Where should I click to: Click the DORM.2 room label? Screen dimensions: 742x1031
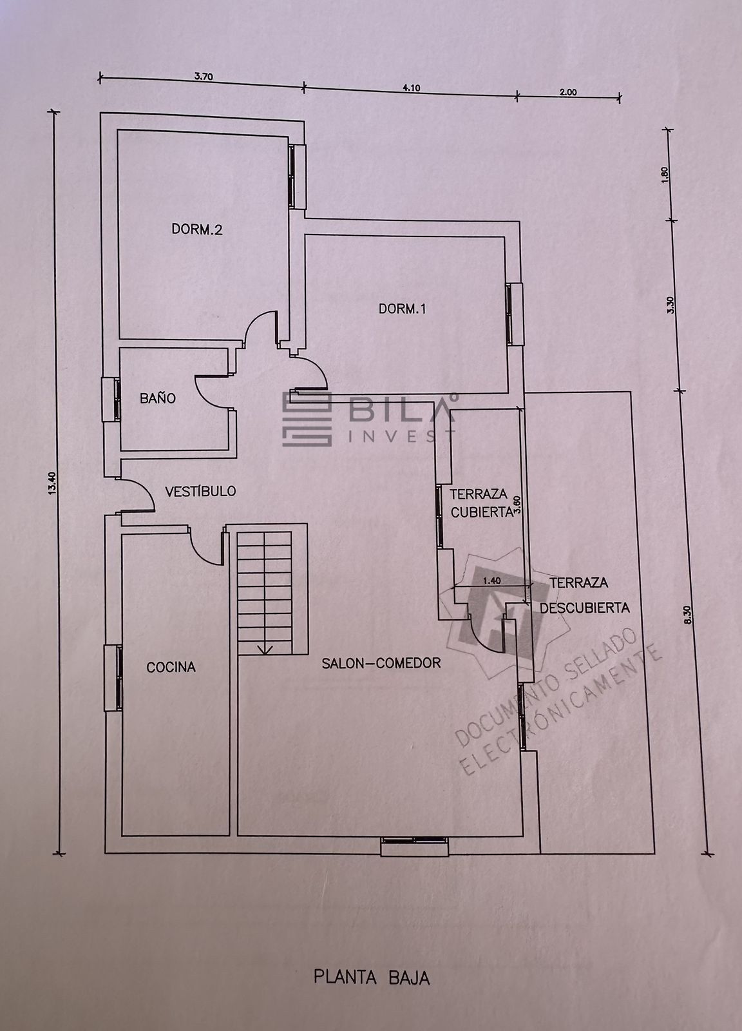click(197, 229)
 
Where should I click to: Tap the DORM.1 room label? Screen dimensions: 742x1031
click(402, 309)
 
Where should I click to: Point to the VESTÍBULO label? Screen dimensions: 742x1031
click(200, 490)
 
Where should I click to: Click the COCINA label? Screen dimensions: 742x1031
click(171, 667)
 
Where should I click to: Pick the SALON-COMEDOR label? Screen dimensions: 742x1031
click(381, 663)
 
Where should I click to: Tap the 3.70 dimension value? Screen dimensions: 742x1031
click(204, 77)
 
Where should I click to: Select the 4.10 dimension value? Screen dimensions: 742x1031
click(411, 88)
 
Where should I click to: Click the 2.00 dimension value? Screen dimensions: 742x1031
click(568, 92)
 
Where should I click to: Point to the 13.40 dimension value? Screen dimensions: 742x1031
click(52, 483)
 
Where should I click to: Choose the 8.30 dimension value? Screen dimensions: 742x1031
click(688, 614)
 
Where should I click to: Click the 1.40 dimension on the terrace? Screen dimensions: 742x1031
click(491, 581)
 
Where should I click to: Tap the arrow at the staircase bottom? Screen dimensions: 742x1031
click(265, 650)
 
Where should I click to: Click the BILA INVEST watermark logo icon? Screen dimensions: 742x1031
click(307, 419)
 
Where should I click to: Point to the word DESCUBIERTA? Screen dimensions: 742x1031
click(584, 608)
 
